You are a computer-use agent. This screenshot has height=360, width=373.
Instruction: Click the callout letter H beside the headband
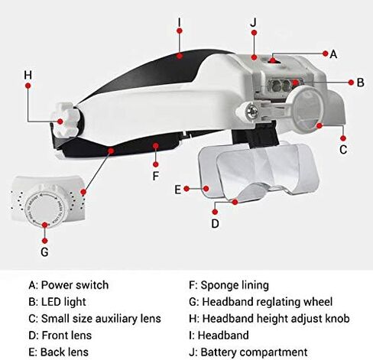[x=28, y=75]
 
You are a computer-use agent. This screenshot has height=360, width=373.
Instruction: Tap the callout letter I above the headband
[x=180, y=22]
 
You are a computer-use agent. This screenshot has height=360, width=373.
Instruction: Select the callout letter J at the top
[x=253, y=22]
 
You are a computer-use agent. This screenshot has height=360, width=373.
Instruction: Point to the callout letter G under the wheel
[x=44, y=252]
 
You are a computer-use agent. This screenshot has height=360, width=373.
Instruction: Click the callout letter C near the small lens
[x=343, y=150]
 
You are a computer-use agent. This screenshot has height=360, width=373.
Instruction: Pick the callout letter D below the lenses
[x=216, y=223]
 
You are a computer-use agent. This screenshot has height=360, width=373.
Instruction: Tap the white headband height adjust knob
[x=66, y=119]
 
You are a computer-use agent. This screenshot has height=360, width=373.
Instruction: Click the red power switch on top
[x=273, y=60]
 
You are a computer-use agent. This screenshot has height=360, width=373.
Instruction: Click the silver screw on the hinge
[x=252, y=112]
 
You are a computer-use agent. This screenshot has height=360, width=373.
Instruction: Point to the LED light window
[x=284, y=85]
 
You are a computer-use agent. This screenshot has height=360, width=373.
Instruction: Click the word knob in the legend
[x=337, y=319]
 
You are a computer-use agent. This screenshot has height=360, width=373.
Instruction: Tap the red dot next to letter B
[x=351, y=83]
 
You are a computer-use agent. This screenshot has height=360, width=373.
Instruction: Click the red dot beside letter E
[x=186, y=189]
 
